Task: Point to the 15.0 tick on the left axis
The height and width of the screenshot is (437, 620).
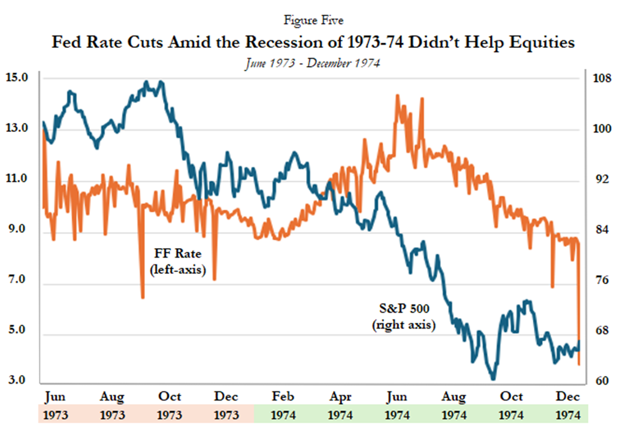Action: tap(16, 78)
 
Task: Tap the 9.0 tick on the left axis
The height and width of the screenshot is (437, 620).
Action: tap(16, 230)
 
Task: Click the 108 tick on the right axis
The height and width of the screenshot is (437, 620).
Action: tap(601, 79)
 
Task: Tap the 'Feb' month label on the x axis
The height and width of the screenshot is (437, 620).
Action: tap(283, 397)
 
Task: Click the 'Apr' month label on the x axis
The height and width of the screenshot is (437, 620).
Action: tap(340, 397)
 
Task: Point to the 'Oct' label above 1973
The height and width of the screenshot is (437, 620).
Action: tap(170, 397)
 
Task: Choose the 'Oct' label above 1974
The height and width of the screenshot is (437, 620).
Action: tap(511, 397)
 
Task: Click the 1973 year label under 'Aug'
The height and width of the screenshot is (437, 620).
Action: tap(112, 414)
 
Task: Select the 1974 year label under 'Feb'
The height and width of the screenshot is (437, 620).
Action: tap(283, 414)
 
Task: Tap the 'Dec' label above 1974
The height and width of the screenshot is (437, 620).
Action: tap(568, 397)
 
